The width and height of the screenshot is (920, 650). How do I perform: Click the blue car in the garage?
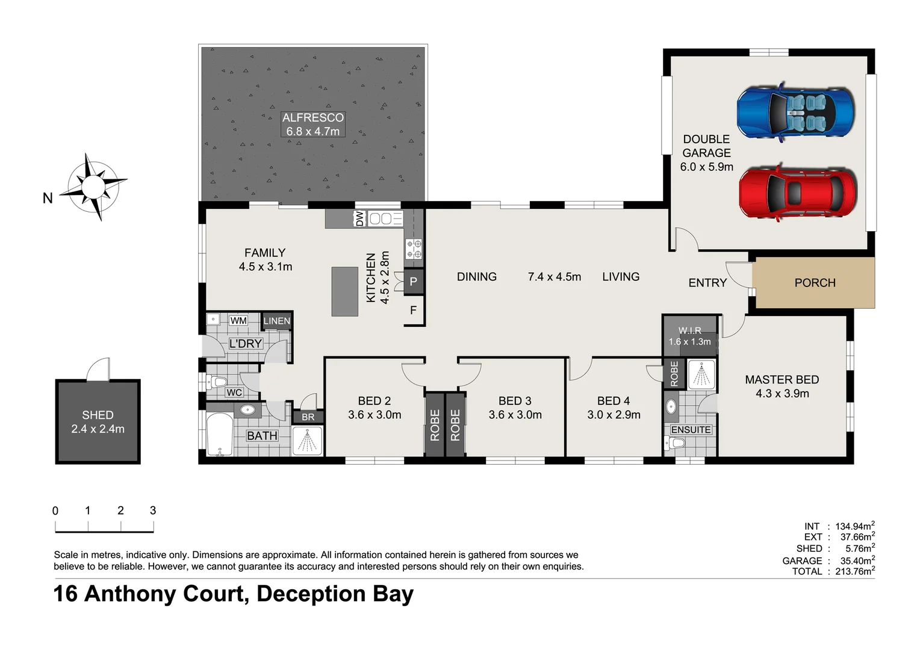click(x=795, y=112)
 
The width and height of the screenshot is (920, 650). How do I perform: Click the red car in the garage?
click(x=797, y=193)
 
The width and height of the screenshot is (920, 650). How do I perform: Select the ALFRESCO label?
click(x=312, y=118)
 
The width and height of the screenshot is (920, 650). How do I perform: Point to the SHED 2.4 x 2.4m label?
click(x=98, y=422)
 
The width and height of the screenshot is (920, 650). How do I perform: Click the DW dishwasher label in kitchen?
click(x=359, y=218)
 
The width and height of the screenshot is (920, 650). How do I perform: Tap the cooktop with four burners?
click(x=414, y=249)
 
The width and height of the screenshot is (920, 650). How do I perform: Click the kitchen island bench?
click(x=344, y=291)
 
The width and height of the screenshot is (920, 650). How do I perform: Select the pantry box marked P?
click(x=413, y=282)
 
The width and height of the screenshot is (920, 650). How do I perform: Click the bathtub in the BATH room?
click(x=219, y=435)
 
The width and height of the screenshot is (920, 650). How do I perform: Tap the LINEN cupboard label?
click(x=276, y=321)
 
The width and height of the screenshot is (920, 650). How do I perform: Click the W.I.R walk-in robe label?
click(x=689, y=331)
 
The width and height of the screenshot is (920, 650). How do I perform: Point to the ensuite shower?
click(x=700, y=375)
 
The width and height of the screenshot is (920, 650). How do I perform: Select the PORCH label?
click(x=815, y=283)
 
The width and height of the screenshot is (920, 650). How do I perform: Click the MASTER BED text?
click(x=782, y=380)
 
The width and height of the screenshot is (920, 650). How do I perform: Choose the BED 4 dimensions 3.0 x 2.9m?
click(x=614, y=415)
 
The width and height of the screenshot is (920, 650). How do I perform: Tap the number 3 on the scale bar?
click(x=153, y=510)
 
